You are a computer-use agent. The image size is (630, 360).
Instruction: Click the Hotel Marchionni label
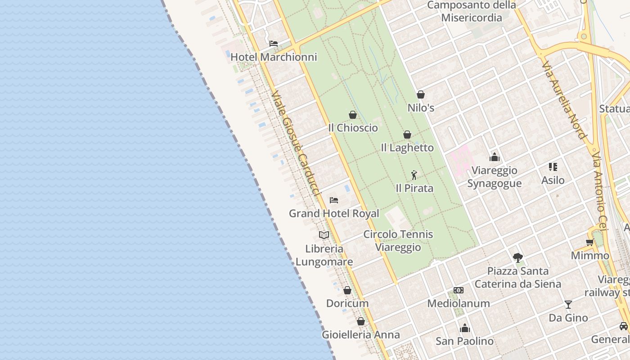(x=274, y=57)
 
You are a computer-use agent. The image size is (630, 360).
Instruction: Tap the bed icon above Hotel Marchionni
(x=274, y=44)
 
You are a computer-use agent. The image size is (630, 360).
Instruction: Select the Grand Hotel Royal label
(x=334, y=213)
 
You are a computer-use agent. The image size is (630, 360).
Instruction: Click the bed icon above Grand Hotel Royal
(x=334, y=200)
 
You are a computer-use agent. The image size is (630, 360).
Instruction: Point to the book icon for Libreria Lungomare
(x=324, y=235)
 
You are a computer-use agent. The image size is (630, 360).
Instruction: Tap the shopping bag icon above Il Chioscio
(x=353, y=115)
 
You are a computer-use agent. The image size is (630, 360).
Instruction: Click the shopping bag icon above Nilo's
(x=421, y=94)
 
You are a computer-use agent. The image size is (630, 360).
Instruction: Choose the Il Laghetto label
(x=407, y=148)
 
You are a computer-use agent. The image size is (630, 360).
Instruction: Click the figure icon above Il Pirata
(x=414, y=175)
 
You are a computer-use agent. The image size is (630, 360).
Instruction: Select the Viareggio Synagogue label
(x=495, y=177)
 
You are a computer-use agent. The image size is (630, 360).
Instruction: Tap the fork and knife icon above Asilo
(x=553, y=167)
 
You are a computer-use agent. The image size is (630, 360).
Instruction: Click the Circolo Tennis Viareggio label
(x=398, y=241)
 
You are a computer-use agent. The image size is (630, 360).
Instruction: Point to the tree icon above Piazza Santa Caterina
(x=518, y=258)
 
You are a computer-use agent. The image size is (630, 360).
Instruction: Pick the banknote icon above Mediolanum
(x=459, y=290)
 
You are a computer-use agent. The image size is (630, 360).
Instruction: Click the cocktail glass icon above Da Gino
(x=568, y=305)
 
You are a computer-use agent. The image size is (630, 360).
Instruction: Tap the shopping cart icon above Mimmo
(x=589, y=243)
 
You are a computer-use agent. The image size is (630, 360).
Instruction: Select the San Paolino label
(x=464, y=341)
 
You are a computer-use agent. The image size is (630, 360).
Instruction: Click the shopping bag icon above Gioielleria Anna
(x=360, y=321)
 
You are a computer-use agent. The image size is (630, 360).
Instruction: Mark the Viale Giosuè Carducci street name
(x=296, y=143)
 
